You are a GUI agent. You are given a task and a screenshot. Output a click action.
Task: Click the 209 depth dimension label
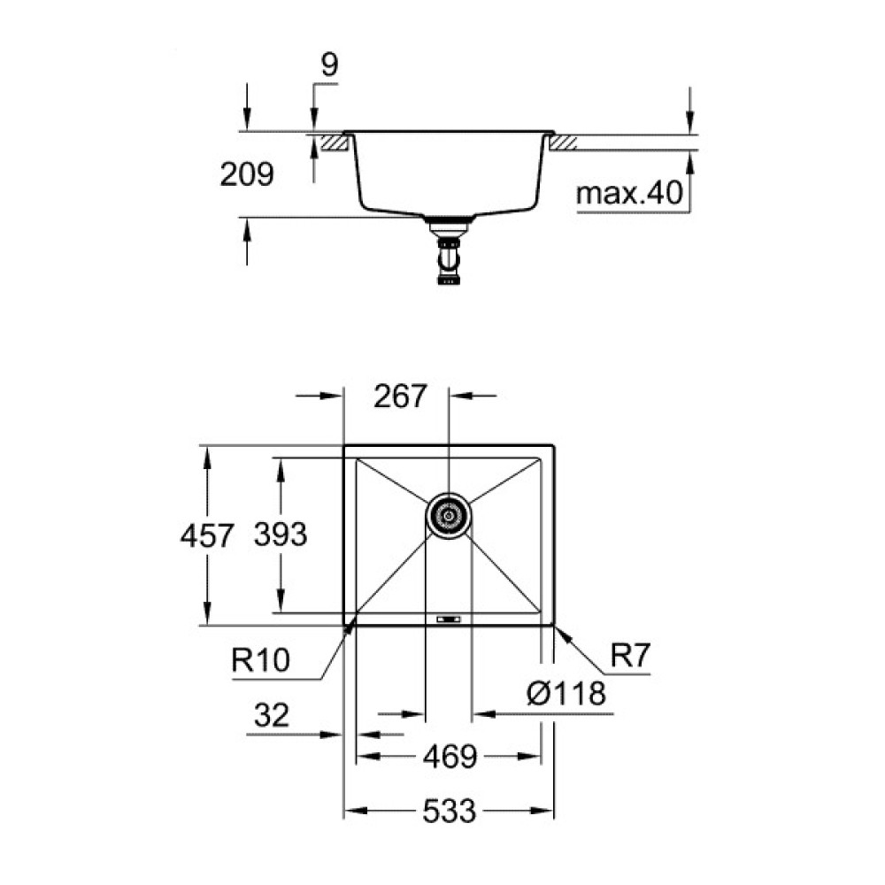[x=247, y=175]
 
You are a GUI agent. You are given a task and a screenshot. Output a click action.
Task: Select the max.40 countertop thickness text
[x=631, y=194]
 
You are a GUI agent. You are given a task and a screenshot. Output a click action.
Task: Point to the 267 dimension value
[x=400, y=396]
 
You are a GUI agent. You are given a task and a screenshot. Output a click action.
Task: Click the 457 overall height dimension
[x=207, y=535]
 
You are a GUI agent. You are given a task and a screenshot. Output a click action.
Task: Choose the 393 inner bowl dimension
[x=280, y=535]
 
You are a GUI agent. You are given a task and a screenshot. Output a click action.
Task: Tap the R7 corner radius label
[x=630, y=656]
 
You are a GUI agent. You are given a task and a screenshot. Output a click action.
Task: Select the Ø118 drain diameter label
[x=566, y=694]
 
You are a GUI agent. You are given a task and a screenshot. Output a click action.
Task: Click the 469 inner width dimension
[x=449, y=757]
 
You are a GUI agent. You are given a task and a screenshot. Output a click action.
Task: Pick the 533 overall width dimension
[x=449, y=810]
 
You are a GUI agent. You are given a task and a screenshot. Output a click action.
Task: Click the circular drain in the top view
[x=449, y=514]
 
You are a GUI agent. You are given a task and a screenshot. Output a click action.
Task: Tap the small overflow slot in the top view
[x=449, y=618]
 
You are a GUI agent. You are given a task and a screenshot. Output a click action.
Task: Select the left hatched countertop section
[x=333, y=142]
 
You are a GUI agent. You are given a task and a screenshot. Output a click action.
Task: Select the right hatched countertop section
[x=564, y=142]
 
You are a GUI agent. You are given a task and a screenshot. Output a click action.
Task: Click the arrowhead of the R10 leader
[x=351, y=625]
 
